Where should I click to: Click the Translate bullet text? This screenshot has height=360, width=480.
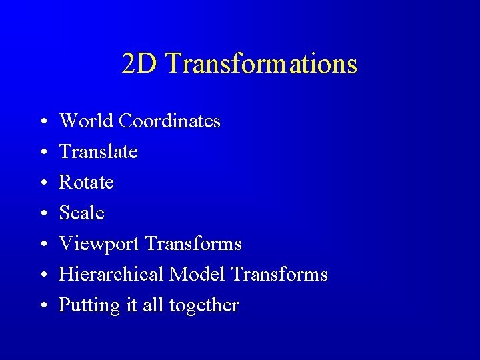98,151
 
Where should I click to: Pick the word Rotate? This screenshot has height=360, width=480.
86,182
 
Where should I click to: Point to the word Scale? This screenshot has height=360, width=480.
81,213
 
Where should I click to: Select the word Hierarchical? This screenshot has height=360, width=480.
111,274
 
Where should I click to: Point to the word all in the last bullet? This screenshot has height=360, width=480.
153,305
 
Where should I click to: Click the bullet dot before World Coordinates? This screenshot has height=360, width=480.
42,122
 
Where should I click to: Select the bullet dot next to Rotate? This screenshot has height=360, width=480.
42,183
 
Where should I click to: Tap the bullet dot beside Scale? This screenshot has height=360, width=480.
42,214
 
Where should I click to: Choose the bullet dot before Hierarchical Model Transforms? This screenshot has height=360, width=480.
42,275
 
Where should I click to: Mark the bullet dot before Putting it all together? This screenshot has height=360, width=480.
42,306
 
